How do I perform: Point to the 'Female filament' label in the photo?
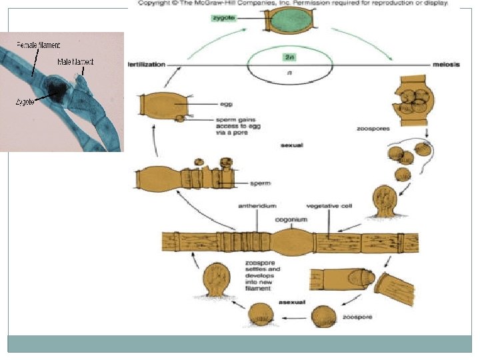39,45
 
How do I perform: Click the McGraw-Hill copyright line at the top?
293,3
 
